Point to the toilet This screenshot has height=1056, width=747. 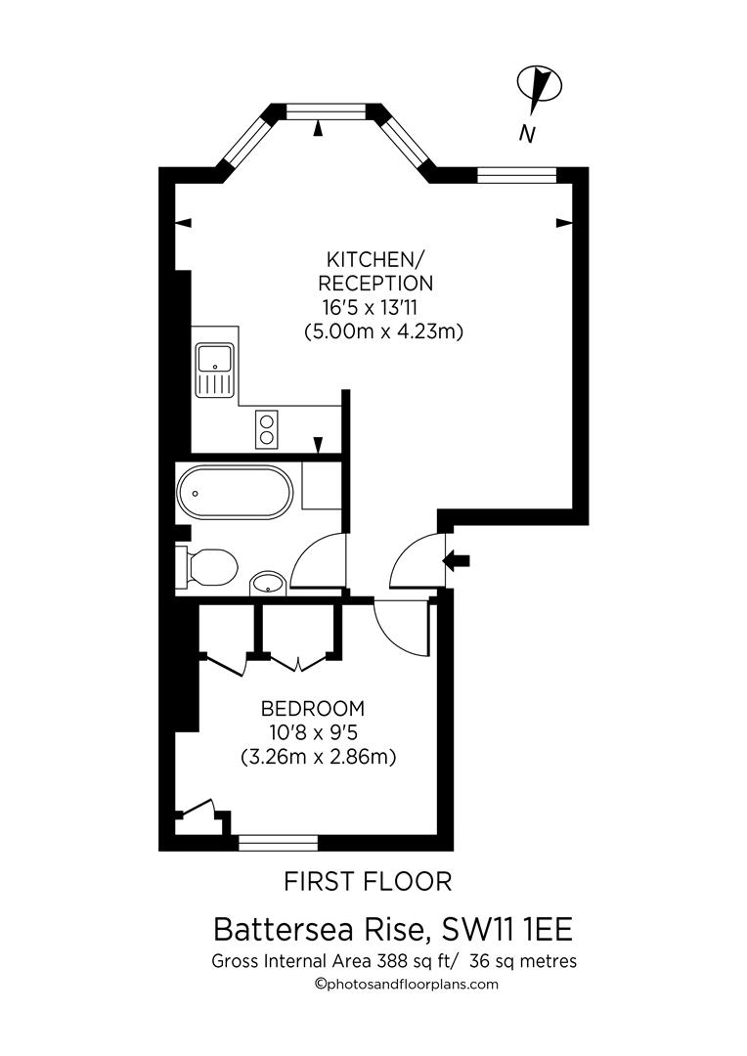pyautogui.click(x=207, y=566)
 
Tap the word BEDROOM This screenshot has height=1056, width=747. pyautogui.click(x=312, y=708)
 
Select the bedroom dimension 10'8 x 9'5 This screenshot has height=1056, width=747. pyautogui.click(x=312, y=731)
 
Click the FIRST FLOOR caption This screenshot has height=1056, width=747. pyautogui.click(x=368, y=882)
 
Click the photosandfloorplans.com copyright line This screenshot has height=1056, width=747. pyautogui.click(x=406, y=985)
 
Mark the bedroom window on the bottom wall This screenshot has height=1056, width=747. pyautogui.click(x=279, y=841)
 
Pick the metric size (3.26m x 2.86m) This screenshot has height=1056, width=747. pyautogui.click(x=318, y=756)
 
